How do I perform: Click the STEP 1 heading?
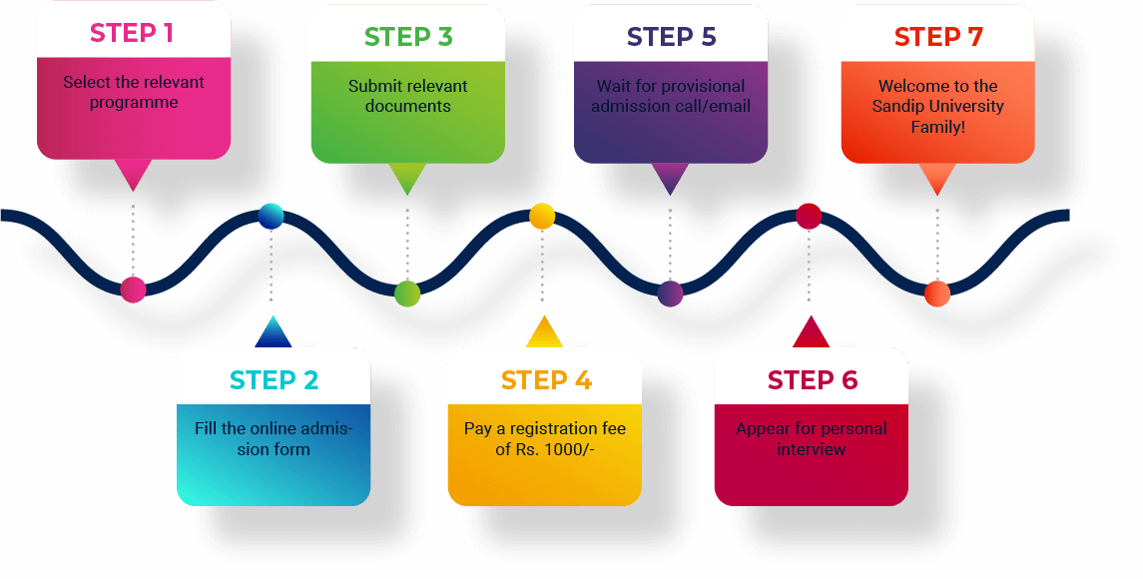pos(132,33)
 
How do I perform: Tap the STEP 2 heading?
pos(274,380)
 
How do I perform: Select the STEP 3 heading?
pos(408,37)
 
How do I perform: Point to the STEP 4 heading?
pos(546,380)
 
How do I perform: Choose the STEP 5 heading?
pos(671,37)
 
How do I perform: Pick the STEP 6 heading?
pos(812,380)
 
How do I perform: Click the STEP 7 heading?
pos(938,37)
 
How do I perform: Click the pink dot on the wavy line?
pos(133,289)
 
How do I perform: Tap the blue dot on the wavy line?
pos(271,216)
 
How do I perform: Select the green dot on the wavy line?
pos(407,293)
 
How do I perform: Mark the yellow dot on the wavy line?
pos(541,216)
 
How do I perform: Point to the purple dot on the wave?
pos(670,293)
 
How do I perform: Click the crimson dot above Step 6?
pos(809,216)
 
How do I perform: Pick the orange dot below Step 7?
pos(936,293)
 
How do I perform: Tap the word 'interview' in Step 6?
pos(811,449)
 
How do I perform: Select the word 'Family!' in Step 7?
pos(937,127)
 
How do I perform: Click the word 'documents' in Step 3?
pos(407,107)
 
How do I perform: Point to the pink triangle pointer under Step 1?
pos(133,174)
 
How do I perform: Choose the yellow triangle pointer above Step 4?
pos(544,332)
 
